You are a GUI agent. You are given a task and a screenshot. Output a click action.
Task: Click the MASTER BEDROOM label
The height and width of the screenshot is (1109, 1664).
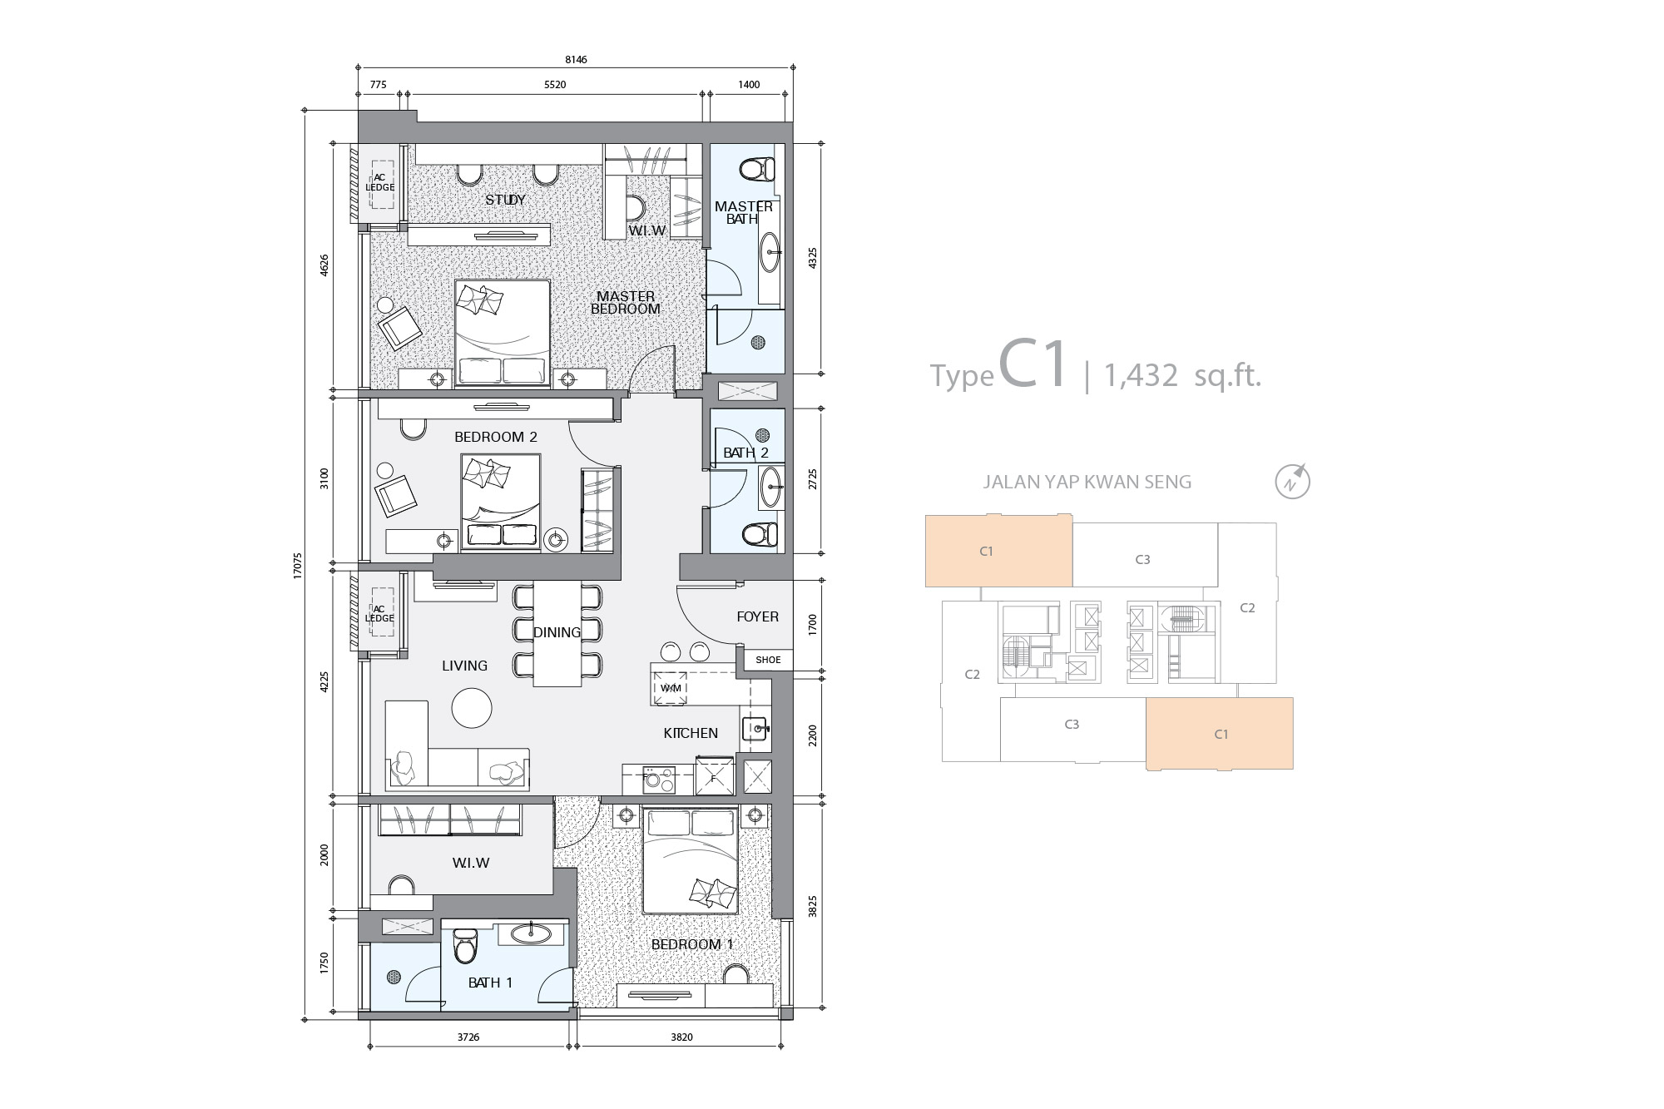626,302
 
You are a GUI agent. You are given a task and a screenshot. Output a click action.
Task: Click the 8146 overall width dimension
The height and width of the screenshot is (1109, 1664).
576,60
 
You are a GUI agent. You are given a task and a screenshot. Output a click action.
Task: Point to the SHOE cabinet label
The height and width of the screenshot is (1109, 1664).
768,660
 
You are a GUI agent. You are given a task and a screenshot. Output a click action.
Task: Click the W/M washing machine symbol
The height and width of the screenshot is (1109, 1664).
671,688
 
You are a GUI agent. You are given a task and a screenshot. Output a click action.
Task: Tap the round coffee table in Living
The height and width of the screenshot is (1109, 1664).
472,708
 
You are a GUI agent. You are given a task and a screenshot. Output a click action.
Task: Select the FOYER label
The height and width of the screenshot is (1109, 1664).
757,616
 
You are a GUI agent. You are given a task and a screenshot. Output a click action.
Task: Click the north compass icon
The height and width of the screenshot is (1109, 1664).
1292,481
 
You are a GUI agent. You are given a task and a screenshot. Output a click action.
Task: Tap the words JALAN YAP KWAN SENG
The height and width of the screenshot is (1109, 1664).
1087,482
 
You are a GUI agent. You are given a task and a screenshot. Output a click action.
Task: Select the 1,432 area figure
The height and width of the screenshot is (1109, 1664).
1141,377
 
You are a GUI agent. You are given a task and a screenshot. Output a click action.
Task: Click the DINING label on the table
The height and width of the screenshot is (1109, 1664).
557,632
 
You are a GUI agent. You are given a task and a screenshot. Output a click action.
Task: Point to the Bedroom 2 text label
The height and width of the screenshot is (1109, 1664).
496,437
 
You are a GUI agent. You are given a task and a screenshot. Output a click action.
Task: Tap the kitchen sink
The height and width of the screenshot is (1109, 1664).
756,729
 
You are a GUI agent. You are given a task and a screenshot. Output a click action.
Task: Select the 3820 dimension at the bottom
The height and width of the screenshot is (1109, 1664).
681,1037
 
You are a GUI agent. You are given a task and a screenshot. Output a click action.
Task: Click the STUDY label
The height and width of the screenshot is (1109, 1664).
505,200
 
